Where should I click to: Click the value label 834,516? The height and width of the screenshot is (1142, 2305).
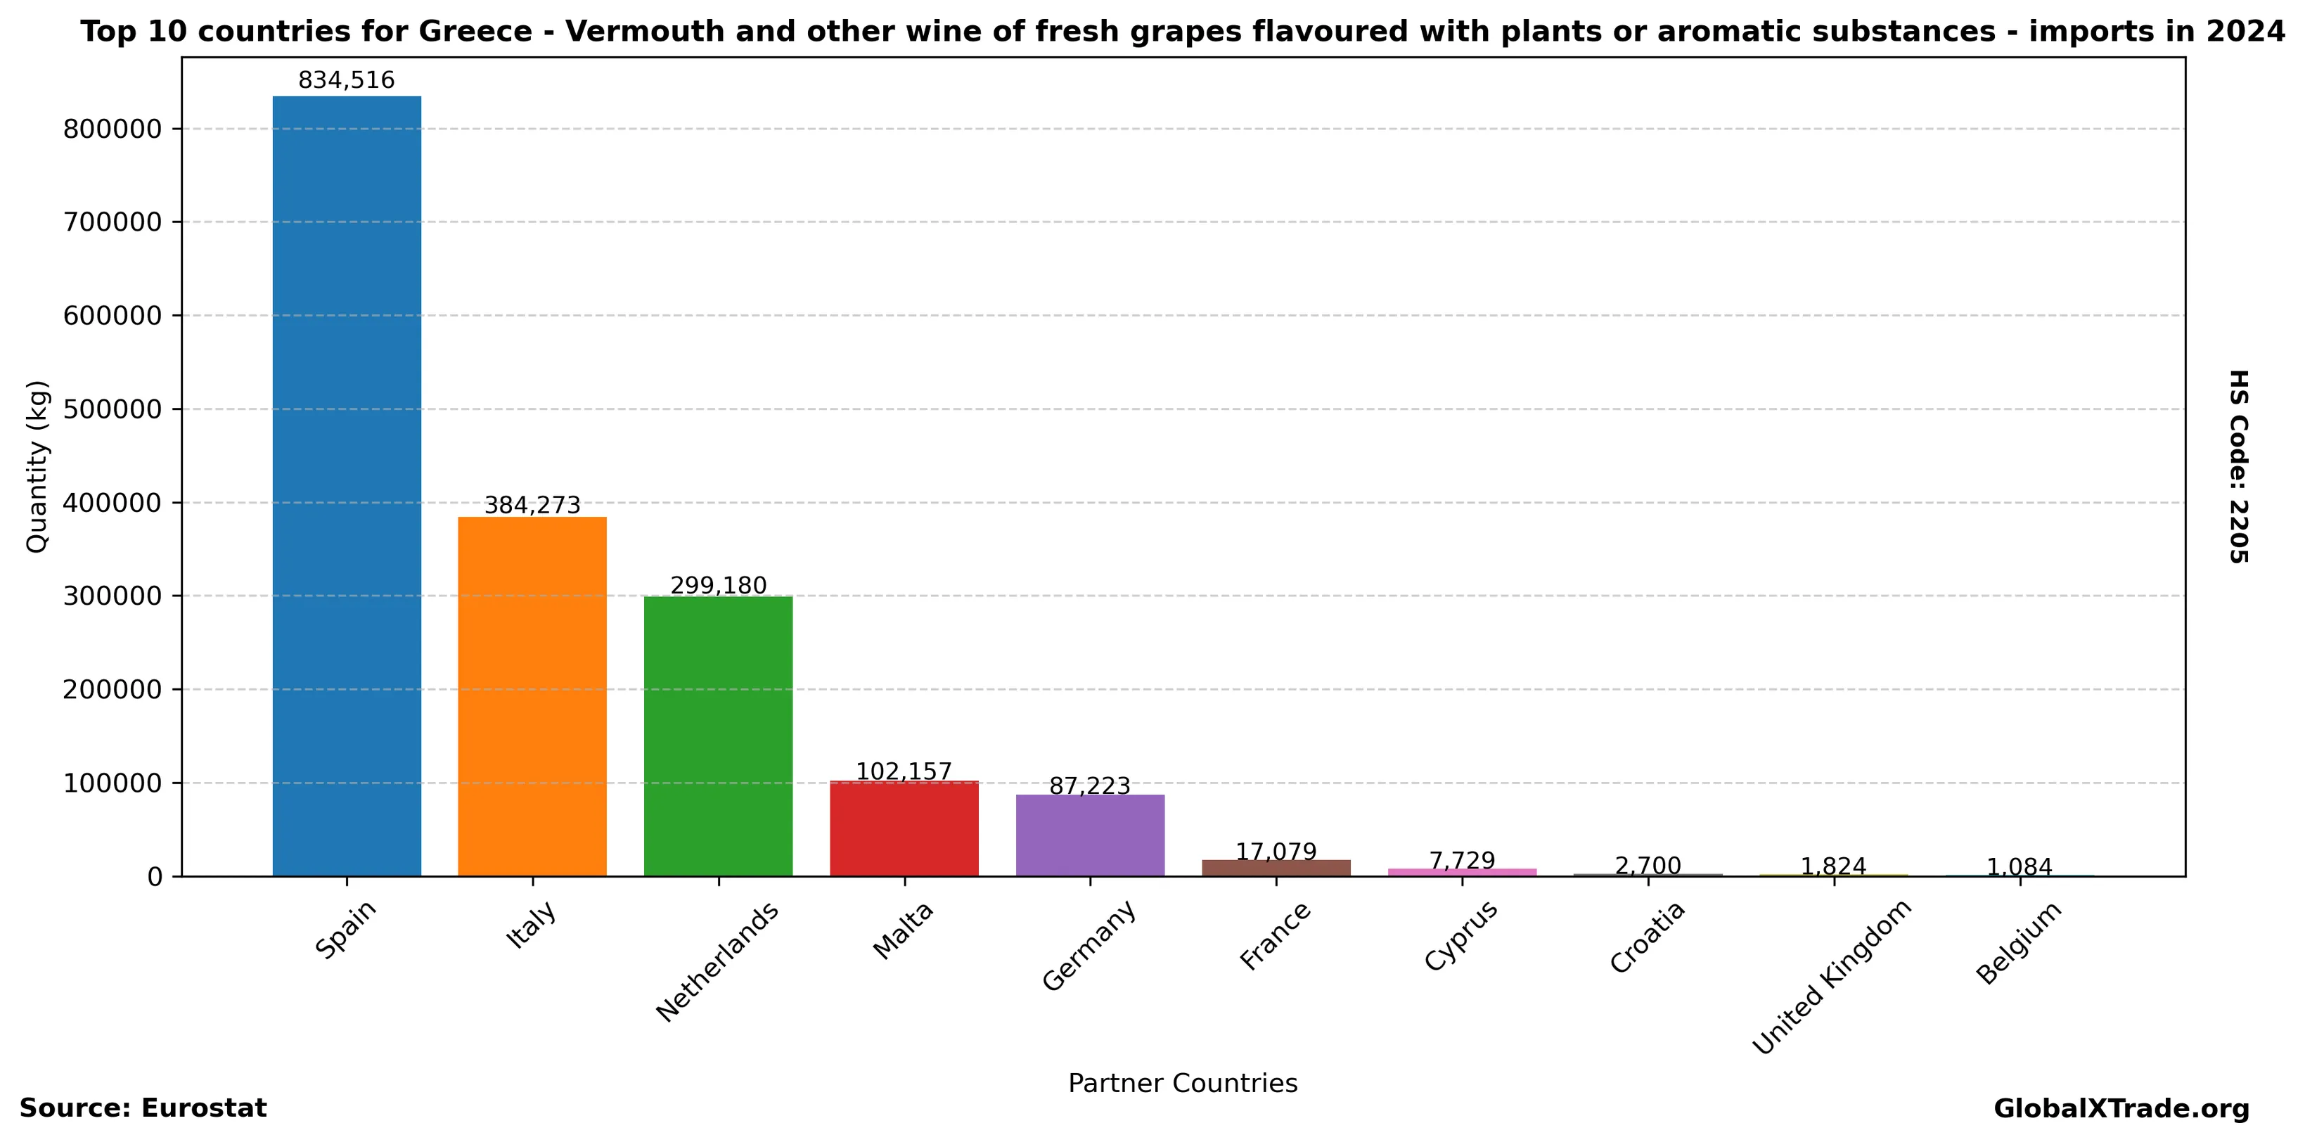coord(346,81)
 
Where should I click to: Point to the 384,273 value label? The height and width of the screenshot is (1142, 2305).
coord(532,506)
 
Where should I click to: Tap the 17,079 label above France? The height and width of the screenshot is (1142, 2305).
coord(1276,851)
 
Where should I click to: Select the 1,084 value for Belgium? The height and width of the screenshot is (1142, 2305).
coord(2020,866)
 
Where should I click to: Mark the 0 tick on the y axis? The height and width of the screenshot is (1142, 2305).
coord(155,877)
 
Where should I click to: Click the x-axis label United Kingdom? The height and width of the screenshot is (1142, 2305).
coord(1831,977)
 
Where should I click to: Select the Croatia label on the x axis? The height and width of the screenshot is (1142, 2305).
coord(1648,937)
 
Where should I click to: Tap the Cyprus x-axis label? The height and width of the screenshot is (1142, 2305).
coord(1460,935)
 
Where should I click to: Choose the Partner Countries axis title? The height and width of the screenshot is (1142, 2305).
coord(1182,1084)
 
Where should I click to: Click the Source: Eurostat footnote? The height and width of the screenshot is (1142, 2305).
coord(143,1108)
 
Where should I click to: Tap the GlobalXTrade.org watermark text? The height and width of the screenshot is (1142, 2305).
coord(2121,1109)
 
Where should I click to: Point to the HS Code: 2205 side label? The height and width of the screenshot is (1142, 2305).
coord(2238,466)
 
